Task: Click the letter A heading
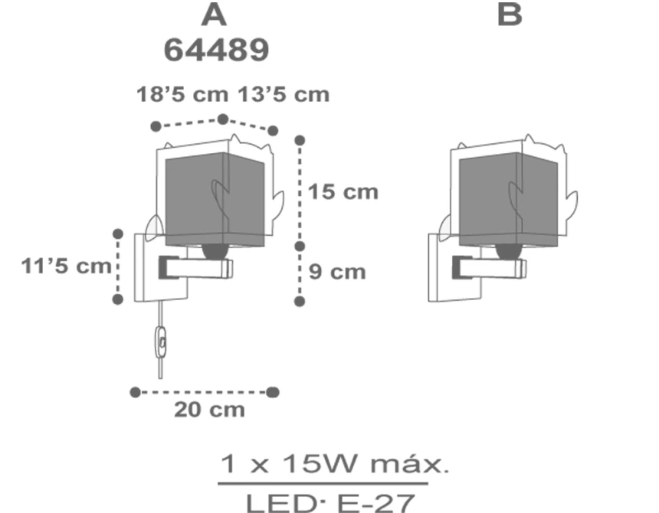pyautogui.click(x=215, y=15)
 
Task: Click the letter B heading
pyautogui.click(x=510, y=15)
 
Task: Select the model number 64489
pyautogui.click(x=216, y=50)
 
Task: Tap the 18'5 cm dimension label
pyautogui.click(x=182, y=94)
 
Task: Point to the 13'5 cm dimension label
pyautogui.click(x=284, y=94)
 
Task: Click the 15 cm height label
pyautogui.click(x=343, y=192)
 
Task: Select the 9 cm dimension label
pyautogui.click(x=337, y=272)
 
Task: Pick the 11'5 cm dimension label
pyautogui.click(x=67, y=266)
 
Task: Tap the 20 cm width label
pyautogui.click(x=209, y=410)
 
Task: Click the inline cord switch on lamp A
pyautogui.click(x=161, y=341)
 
